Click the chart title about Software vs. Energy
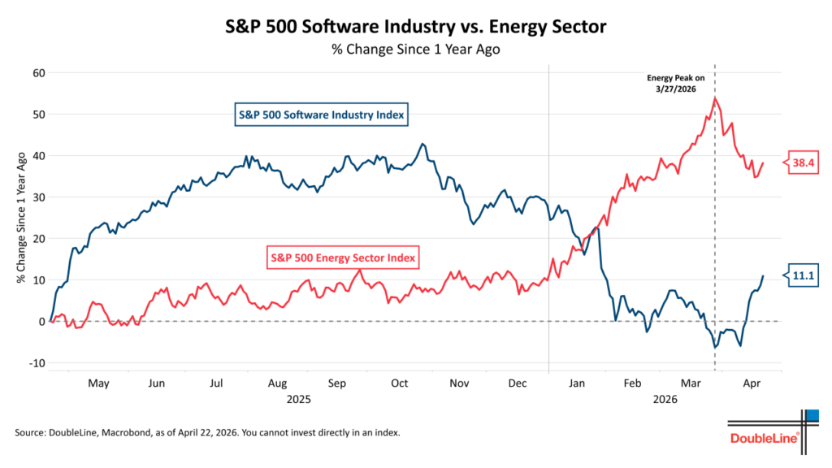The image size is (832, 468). point(415,26)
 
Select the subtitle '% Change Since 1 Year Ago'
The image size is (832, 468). point(415,50)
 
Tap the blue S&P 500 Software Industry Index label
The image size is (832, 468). point(321,115)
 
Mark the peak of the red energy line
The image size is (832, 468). point(714,98)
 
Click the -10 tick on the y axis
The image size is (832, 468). point(36,363)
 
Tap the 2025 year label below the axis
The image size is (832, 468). point(298,400)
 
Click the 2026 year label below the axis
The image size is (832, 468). point(665,400)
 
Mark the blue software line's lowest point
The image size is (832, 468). point(715,348)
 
